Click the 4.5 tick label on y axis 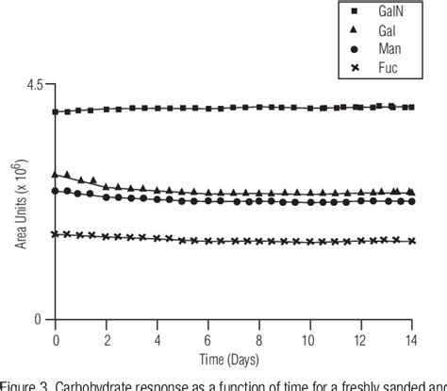pos(34,85)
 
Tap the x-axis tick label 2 pos(107,337)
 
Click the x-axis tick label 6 pos(207,337)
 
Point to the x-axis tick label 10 pos(308,337)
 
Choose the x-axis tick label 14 pos(409,337)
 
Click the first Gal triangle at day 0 pos(57,175)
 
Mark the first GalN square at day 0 pos(57,112)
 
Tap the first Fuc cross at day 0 pos(57,234)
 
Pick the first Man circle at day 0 pos(57,191)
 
